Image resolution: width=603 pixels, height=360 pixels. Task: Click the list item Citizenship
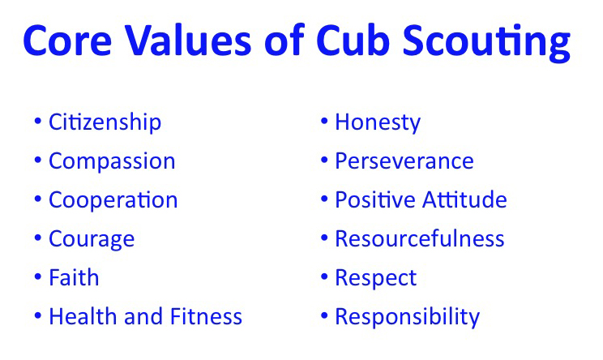[105, 122]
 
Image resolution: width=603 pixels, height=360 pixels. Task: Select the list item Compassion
[112, 161]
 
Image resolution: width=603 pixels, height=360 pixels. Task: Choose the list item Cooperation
[113, 200]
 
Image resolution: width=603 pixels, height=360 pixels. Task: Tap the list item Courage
[92, 239]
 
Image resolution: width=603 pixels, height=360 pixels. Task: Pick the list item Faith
[74, 277]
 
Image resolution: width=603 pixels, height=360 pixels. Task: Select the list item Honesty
[378, 122]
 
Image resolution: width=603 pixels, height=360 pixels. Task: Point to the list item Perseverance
[404, 161]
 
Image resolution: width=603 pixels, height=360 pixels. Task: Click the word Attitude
[464, 200]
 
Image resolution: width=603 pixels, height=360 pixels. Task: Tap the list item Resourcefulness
[419, 239]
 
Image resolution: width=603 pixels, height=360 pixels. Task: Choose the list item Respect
[375, 277]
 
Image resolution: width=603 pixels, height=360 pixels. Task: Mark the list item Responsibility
[407, 316]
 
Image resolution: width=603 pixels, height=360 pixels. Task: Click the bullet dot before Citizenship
[37, 122]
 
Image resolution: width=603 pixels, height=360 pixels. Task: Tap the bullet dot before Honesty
[323, 122]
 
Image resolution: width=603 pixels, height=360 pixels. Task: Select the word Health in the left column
[79, 316]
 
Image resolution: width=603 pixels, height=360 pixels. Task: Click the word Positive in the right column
[373, 200]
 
